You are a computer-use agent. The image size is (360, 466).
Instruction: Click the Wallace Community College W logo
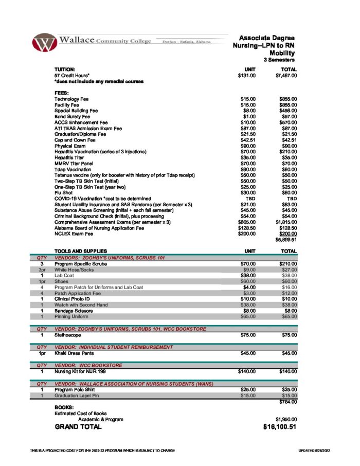click(44, 42)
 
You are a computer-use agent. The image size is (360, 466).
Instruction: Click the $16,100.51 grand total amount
click(279, 427)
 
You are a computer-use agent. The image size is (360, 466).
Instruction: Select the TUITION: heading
click(65, 69)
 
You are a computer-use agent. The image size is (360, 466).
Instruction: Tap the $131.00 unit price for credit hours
click(247, 75)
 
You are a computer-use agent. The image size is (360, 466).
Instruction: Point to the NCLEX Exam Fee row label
click(75, 234)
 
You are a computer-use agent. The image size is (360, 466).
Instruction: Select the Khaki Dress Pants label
click(75, 353)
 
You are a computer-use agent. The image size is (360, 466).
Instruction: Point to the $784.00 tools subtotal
click(287, 402)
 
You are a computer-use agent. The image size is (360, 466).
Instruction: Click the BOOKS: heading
click(65, 407)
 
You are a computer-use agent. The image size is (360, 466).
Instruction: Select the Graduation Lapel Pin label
click(77, 396)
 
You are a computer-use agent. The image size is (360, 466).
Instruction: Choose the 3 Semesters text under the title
click(280, 60)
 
